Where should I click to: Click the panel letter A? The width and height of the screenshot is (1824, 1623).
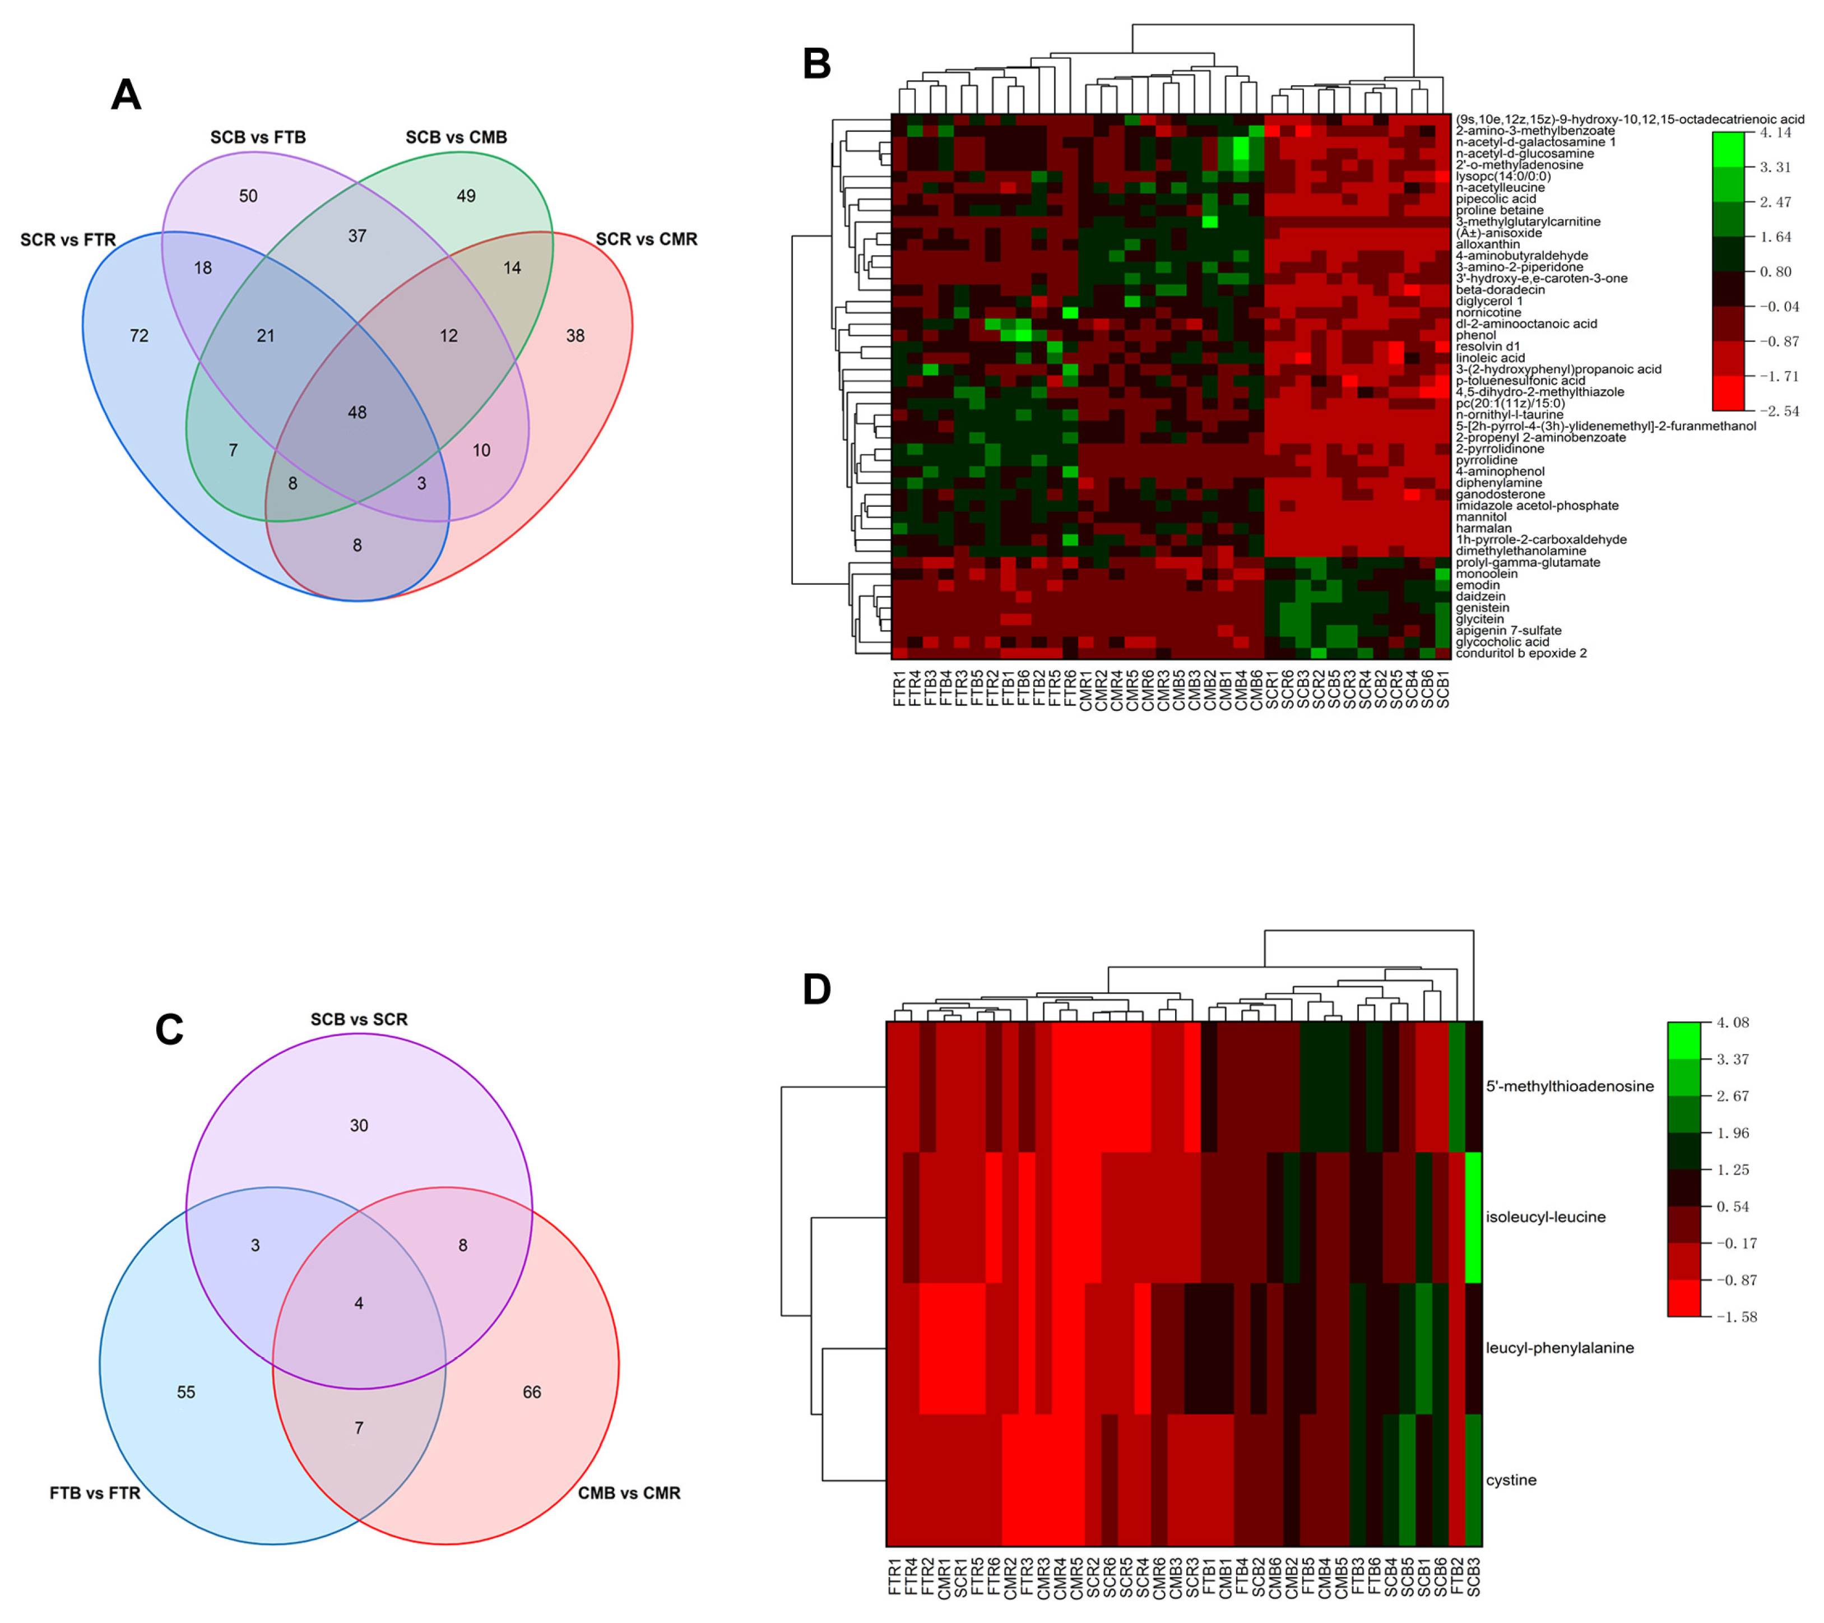126,95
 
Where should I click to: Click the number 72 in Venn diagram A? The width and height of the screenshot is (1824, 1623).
139,336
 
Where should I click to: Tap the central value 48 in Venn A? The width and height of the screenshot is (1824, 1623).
357,413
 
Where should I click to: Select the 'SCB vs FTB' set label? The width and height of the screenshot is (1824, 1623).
258,137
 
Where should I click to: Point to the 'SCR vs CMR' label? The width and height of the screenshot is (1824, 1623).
646,239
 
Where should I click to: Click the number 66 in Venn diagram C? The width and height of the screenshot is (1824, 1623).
532,1392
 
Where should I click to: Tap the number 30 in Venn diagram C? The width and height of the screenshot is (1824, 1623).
359,1126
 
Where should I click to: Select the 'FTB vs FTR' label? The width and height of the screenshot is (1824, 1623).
95,1493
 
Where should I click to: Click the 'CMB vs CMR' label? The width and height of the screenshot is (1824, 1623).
629,1493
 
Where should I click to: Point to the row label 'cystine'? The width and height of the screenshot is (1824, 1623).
1511,1480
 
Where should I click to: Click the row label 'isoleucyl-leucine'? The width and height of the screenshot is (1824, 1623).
1545,1217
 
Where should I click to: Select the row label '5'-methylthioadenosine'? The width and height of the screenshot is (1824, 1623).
1570,1086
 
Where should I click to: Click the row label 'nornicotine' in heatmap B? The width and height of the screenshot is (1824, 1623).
1488,312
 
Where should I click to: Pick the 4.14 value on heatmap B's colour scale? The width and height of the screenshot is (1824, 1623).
1775,133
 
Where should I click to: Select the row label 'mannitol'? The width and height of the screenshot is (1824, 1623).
1481,517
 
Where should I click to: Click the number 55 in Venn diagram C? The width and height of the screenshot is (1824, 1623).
185,1392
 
